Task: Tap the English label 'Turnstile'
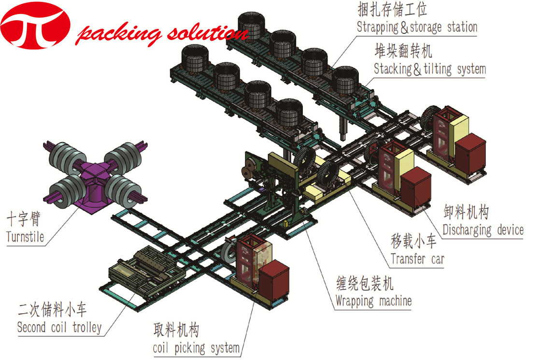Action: pyautogui.click(x=25, y=237)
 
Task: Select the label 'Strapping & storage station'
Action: pyautogui.click(x=417, y=27)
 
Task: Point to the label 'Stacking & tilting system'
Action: pyautogui.click(x=429, y=69)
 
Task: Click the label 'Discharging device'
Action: pyautogui.click(x=483, y=230)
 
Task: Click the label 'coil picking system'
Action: pyautogui.click(x=196, y=347)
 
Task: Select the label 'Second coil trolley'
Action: pyautogui.click(x=59, y=328)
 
